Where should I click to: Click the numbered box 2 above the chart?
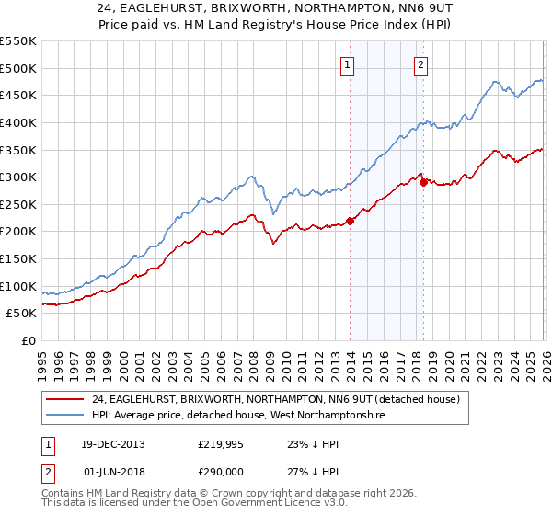click(x=420, y=64)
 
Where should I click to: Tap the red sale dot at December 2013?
click(x=350, y=221)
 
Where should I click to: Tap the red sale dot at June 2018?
click(x=423, y=182)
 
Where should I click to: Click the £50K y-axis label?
click(x=22, y=314)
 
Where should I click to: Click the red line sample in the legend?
click(x=64, y=399)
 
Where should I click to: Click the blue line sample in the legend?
click(x=64, y=416)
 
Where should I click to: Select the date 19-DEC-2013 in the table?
click(x=113, y=443)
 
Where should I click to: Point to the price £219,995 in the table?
click(x=218, y=443)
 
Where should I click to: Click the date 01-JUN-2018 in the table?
click(x=113, y=471)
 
